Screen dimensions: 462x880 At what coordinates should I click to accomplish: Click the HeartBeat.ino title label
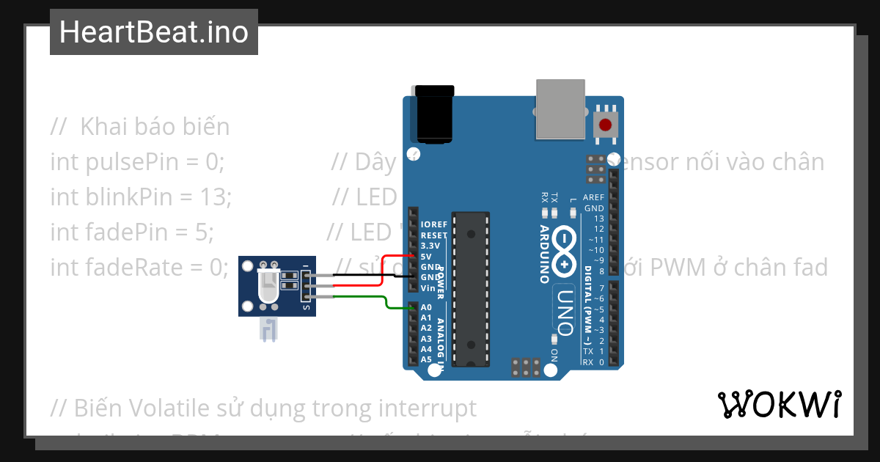(x=153, y=32)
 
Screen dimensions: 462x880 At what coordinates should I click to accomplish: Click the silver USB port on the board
(x=562, y=109)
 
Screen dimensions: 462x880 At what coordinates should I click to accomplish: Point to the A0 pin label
(x=426, y=307)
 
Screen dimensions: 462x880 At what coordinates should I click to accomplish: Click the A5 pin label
(x=426, y=359)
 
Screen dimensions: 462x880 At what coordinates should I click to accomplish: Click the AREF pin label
(x=593, y=197)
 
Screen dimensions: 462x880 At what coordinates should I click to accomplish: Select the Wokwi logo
(x=779, y=404)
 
